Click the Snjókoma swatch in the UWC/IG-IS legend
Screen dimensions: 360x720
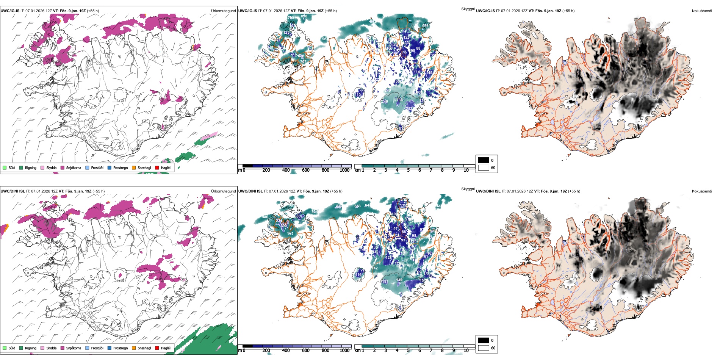coord(63,167)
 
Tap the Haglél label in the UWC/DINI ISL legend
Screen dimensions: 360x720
coord(166,348)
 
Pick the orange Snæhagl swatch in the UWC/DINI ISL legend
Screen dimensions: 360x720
coord(134,348)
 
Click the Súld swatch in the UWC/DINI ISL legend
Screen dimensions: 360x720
coord(5,348)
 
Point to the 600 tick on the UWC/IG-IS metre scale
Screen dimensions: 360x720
coord(305,170)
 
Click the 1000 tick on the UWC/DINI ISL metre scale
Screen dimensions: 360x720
coord(344,351)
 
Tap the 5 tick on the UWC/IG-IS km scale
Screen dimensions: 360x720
coord(408,170)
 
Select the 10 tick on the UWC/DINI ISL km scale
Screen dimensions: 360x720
coord(466,351)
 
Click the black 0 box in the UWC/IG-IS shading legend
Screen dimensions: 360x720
coord(484,160)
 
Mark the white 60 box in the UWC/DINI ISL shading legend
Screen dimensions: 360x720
coord(484,348)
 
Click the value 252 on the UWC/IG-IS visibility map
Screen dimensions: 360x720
coord(409,108)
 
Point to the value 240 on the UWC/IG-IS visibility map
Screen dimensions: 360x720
coord(385,102)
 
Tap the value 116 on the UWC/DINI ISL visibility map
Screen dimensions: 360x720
coord(358,275)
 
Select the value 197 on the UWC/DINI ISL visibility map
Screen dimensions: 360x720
coord(385,282)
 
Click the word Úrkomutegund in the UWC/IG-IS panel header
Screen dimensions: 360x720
coord(223,11)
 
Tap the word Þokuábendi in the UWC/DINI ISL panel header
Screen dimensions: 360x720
coord(702,191)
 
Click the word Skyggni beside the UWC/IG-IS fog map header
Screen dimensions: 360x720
coord(468,9)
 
